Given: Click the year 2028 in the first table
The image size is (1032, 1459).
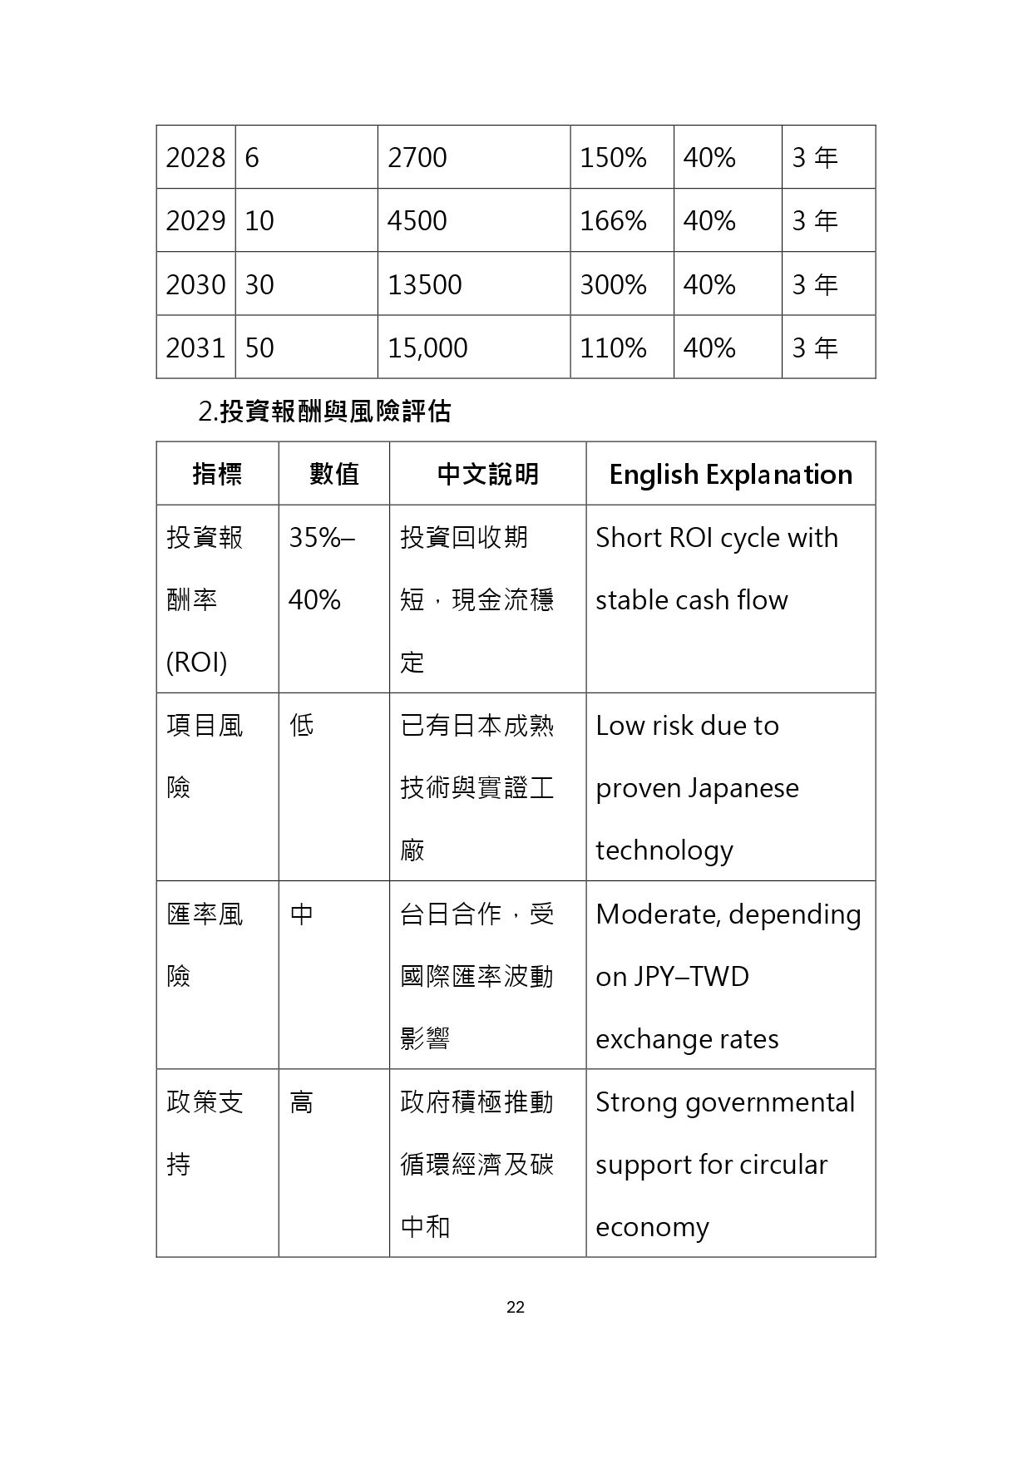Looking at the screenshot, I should coord(195,157).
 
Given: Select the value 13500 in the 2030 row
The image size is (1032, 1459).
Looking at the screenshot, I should coord(424,284).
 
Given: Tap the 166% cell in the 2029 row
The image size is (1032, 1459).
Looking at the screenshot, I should coord(613,220).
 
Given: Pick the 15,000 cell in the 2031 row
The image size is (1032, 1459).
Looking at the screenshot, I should coord(427,347).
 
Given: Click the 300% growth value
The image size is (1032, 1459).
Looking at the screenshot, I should coord(613,284).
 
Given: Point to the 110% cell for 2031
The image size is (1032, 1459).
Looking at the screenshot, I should coord(613,347).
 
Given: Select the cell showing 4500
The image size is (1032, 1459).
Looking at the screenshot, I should coord(417,220).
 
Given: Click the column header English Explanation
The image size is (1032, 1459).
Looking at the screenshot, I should coord(730,474).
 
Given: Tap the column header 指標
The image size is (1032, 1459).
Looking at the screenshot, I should coord(217,474).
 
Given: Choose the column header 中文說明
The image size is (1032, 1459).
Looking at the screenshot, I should coord(487,474).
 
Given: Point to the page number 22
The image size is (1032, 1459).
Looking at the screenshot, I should coord(516,1307).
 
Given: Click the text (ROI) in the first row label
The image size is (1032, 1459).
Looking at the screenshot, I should coord(196,663).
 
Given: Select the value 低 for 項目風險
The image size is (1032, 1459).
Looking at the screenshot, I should coord(301,726).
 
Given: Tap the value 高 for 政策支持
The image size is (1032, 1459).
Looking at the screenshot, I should coord(301,1102).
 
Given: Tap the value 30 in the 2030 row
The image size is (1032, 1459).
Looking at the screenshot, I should coord(259,284).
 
